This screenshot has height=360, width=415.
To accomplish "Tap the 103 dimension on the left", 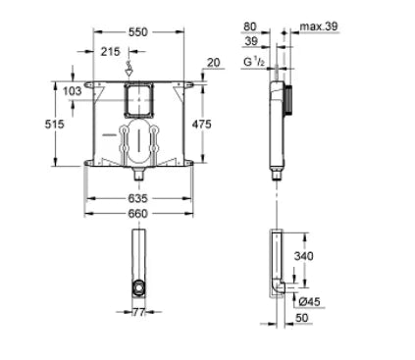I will click(71, 90).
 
